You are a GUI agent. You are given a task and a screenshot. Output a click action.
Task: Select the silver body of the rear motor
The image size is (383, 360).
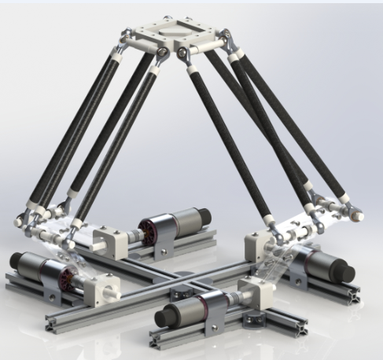point(184,219)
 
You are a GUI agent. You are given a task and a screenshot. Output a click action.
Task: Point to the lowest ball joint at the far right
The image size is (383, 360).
point(359,213)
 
